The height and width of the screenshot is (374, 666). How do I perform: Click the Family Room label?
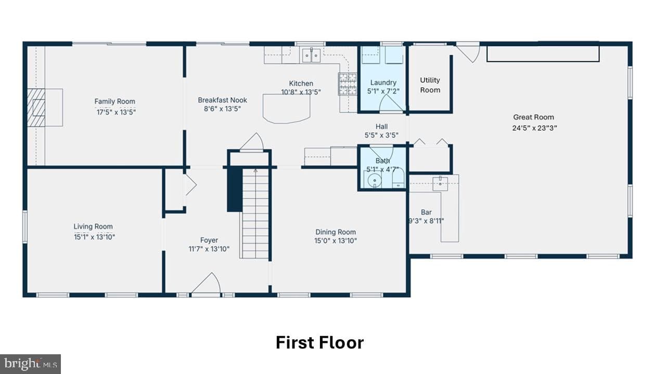point(115,101)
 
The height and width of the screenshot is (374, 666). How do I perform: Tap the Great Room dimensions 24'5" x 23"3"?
point(534,128)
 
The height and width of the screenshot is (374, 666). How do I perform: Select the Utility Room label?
point(430,85)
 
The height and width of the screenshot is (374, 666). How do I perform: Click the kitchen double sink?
point(311,55)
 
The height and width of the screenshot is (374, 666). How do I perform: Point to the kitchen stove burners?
point(347,84)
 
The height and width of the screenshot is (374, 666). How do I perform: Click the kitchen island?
point(286,109)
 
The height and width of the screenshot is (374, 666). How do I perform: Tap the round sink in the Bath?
point(374,180)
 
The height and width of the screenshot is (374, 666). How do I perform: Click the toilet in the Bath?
point(398,178)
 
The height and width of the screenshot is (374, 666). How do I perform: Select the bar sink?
point(440,183)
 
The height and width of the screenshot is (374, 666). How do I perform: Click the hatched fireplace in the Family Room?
point(36,108)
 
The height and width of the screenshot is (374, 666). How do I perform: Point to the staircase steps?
point(255,213)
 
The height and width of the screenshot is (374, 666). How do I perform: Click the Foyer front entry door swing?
point(206,283)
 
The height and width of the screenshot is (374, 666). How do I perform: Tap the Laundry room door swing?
point(391,103)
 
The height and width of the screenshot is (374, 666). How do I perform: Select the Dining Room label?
point(336,232)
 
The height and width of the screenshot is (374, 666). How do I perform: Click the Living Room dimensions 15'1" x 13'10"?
point(95,237)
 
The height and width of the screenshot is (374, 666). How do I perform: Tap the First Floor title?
point(320,342)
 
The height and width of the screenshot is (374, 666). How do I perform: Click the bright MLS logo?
point(30,364)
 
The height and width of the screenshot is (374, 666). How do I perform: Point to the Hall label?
point(381,127)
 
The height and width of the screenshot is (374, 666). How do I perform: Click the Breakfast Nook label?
point(222,100)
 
